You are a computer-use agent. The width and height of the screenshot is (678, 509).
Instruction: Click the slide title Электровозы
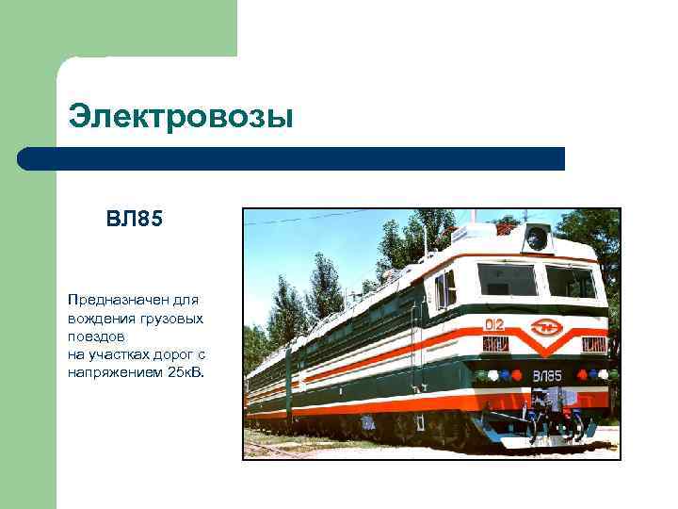coord(181,118)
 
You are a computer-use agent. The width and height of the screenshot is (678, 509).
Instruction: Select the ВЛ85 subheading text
coord(135,221)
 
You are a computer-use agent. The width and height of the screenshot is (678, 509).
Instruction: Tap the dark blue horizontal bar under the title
coord(292,158)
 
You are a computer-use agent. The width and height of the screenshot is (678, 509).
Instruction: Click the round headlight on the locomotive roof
coord(537,238)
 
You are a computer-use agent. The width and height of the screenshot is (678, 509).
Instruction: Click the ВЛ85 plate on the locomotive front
coord(547,376)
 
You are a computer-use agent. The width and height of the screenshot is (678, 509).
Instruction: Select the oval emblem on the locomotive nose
coord(546,328)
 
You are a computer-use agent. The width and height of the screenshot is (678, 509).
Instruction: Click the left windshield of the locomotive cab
coord(507,280)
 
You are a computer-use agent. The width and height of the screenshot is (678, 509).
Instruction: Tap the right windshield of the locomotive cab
coord(571,282)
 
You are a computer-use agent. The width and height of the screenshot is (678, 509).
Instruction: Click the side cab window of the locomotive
coord(445,289)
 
